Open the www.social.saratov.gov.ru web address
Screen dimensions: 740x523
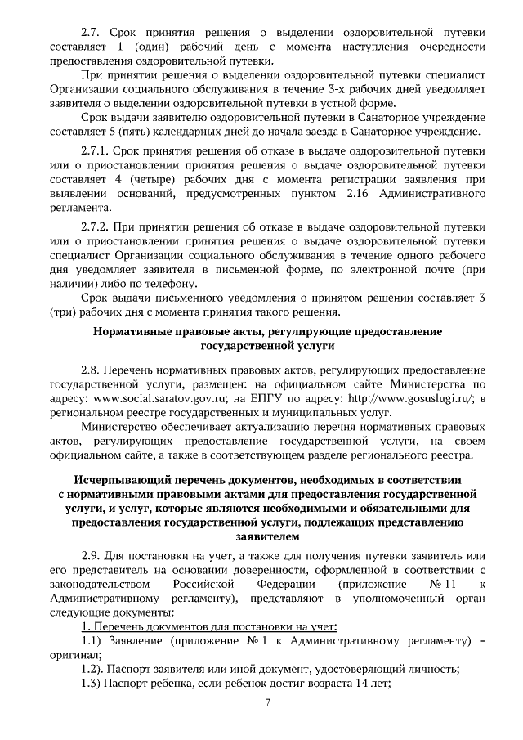click(157, 398)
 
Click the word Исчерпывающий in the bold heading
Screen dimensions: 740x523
click(115, 478)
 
